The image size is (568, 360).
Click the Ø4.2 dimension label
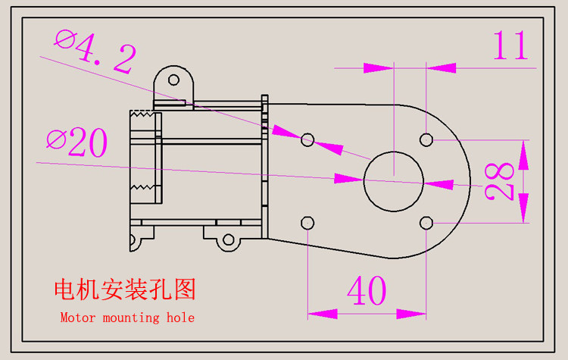point(96,50)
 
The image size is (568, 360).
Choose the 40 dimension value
point(367,290)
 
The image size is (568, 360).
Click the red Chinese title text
point(125,290)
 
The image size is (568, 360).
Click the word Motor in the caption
point(77,318)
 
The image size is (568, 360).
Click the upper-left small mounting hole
point(307,139)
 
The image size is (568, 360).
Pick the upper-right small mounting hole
point(426,139)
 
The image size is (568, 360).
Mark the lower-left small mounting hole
point(307,222)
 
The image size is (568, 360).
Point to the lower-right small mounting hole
point(426,222)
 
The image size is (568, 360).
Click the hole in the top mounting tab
point(173,79)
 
